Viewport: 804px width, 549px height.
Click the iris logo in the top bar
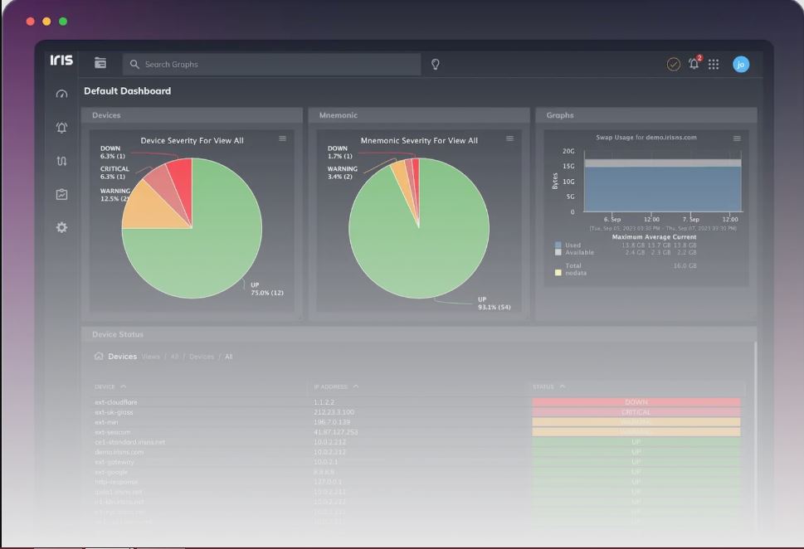(61, 61)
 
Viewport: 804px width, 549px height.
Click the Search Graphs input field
(274, 65)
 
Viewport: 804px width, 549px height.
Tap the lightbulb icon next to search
(435, 65)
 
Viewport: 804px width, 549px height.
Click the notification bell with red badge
(694, 65)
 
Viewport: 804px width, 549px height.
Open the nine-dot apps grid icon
(714, 65)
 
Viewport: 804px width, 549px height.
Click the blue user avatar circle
(741, 65)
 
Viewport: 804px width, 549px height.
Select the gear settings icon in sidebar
(61, 227)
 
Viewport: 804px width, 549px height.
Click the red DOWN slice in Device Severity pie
(182, 172)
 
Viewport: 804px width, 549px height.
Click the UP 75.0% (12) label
(266, 289)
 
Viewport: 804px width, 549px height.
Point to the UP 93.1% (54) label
(494, 304)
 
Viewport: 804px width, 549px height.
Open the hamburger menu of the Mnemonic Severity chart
(509, 138)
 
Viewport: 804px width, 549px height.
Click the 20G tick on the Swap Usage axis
(568, 152)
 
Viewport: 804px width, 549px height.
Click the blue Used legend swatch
(558, 245)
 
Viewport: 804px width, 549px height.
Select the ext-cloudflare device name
(116, 402)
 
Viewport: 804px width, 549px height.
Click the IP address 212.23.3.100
(334, 412)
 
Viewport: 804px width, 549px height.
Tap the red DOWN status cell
(636, 402)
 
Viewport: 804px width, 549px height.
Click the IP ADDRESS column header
(332, 386)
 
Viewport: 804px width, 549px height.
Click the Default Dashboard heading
(128, 91)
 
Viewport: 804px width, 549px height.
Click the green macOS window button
(63, 22)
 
